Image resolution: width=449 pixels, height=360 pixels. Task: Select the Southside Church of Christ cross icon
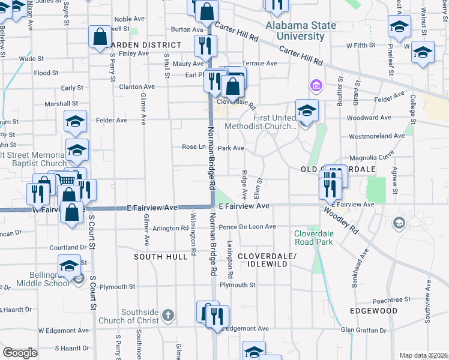coord(169,315)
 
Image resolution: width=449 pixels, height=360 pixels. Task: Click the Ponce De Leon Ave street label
coord(247,227)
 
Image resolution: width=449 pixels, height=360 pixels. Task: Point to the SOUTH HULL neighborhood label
coord(157,256)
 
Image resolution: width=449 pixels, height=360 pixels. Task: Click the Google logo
coord(20,353)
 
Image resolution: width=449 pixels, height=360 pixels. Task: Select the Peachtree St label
coord(391,299)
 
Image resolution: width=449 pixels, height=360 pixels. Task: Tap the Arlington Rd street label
coord(170,228)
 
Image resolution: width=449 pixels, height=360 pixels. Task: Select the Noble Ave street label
coord(130,19)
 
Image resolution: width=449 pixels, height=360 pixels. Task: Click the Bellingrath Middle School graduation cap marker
coord(69,266)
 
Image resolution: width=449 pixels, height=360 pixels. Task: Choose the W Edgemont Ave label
coord(64,331)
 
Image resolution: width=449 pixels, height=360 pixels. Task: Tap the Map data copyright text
coord(423,355)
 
